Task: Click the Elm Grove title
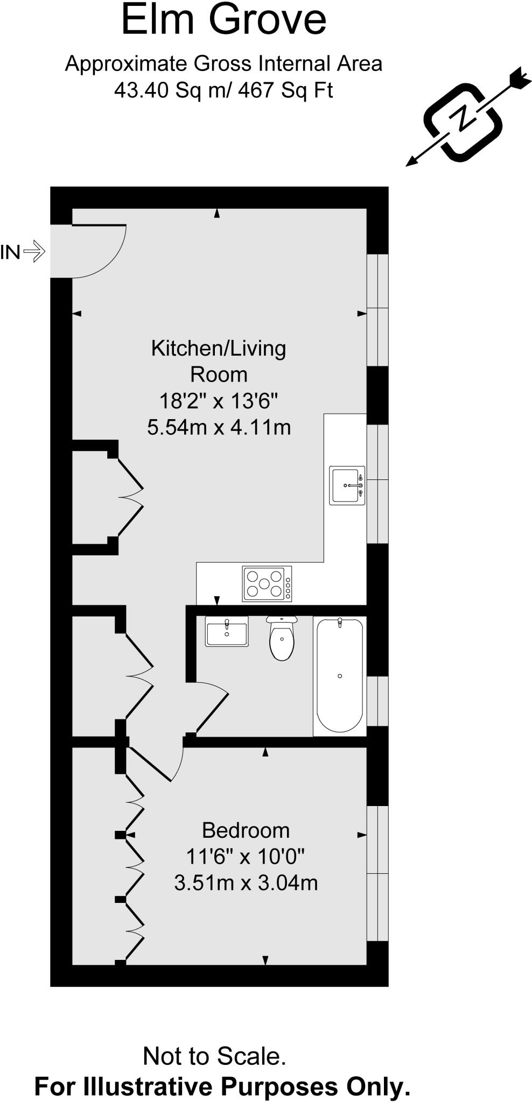tap(223, 19)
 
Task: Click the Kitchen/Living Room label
tap(218, 361)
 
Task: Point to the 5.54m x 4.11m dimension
tap(219, 427)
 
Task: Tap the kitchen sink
tap(347, 485)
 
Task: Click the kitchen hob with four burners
tap(267, 583)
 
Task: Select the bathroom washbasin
tap(226, 631)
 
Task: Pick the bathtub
tap(339, 675)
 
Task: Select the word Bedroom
tap(246, 830)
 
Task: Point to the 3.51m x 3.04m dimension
tap(246, 883)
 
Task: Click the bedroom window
tap(377, 873)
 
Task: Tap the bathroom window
tap(377, 701)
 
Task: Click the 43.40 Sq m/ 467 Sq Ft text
tap(223, 90)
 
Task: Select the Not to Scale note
tap(214, 1056)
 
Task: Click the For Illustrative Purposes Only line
tap(222, 1086)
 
